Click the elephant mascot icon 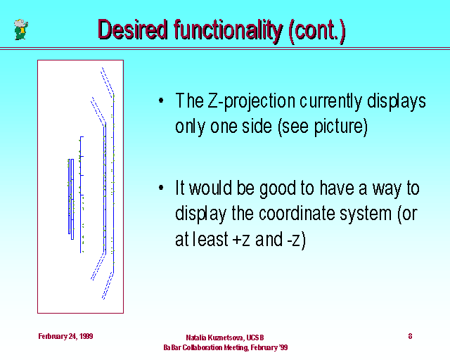point(21,30)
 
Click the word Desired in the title point(132,30)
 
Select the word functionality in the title point(229,31)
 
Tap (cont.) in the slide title point(317,30)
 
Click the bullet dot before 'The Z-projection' point(161,101)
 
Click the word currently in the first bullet point(331,102)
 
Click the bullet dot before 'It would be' point(161,188)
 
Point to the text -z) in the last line point(297,240)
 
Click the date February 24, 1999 point(65,336)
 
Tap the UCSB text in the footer point(255,337)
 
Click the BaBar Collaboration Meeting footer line point(226,347)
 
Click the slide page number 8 point(410,336)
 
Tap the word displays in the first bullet point(397,102)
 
